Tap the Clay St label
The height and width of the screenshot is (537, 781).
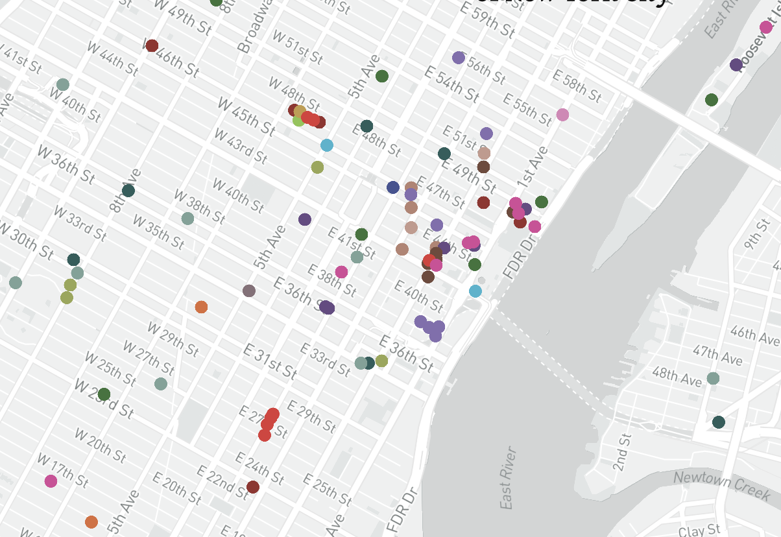[699, 531]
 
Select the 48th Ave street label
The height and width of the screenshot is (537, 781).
[677, 376]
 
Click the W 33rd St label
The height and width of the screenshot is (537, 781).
[78, 221]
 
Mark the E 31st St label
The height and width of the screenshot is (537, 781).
[270, 361]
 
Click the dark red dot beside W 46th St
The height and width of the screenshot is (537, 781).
[152, 45]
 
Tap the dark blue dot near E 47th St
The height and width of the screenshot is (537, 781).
[392, 187]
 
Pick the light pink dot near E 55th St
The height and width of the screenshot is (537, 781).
[562, 115]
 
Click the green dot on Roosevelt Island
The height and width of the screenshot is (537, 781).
[711, 100]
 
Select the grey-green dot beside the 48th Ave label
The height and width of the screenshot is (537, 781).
[713, 378]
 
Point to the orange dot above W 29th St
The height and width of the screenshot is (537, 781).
[201, 307]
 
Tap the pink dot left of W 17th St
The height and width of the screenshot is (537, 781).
[51, 481]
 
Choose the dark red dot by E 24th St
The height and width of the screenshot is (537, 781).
[253, 486]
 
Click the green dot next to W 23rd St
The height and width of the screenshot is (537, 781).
[104, 394]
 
